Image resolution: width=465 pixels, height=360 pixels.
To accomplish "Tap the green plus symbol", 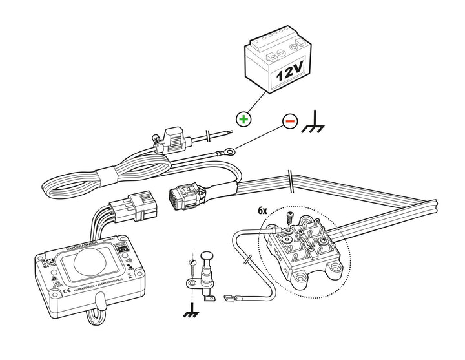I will [x=243, y=119].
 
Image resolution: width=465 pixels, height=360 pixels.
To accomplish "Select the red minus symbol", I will [x=289, y=120].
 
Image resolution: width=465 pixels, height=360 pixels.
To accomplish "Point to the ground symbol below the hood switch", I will [x=191, y=312].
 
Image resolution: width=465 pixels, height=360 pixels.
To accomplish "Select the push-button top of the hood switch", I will [x=208, y=255].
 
